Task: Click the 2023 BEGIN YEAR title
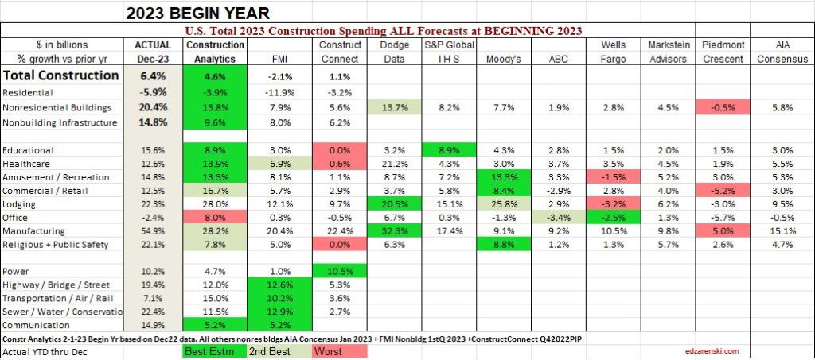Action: coord(197,13)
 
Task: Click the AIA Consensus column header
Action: coord(784,52)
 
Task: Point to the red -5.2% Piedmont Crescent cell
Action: coord(723,189)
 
